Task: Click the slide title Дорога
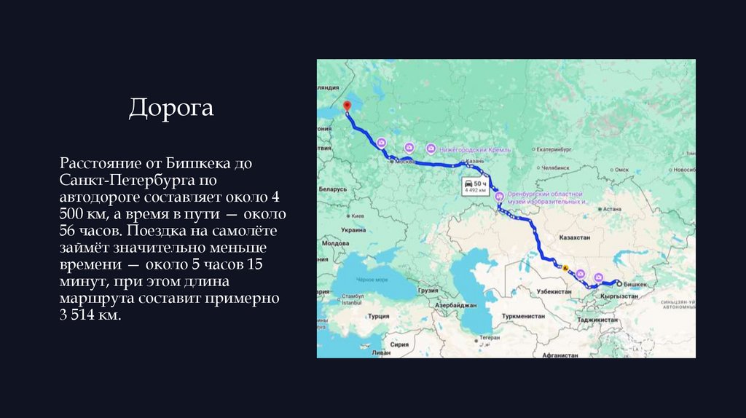pyautogui.click(x=171, y=108)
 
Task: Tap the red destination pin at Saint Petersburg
pyautogui.click(x=347, y=107)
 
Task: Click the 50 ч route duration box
pyautogui.click(x=475, y=186)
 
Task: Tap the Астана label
pyautogui.click(x=612, y=208)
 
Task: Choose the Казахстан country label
pyautogui.click(x=573, y=237)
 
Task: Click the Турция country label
pyautogui.click(x=378, y=316)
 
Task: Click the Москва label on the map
pyautogui.click(x=404, y=162)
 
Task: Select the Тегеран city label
pyautogui.click(x=490, y=338)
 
